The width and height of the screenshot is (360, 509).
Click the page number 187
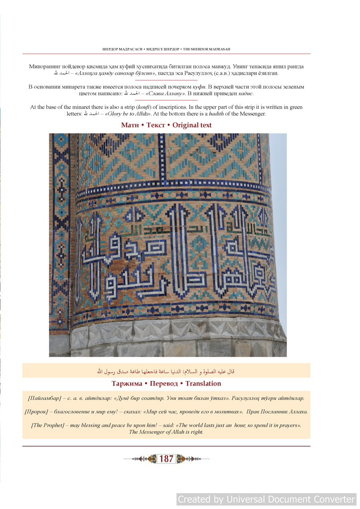(x=166, y=459)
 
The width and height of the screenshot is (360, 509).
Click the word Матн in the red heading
(x=130, y=125)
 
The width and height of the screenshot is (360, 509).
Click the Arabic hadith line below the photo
(x=166, y=371)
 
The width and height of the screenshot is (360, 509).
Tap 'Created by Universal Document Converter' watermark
(x=266, y=499)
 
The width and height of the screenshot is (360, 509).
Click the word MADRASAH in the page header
(x=219, y=49)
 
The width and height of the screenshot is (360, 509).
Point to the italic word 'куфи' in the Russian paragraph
(x=196, y=87)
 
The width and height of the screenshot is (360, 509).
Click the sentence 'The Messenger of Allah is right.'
(x=166, y=432)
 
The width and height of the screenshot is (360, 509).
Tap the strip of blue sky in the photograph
(x=280, y=200)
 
